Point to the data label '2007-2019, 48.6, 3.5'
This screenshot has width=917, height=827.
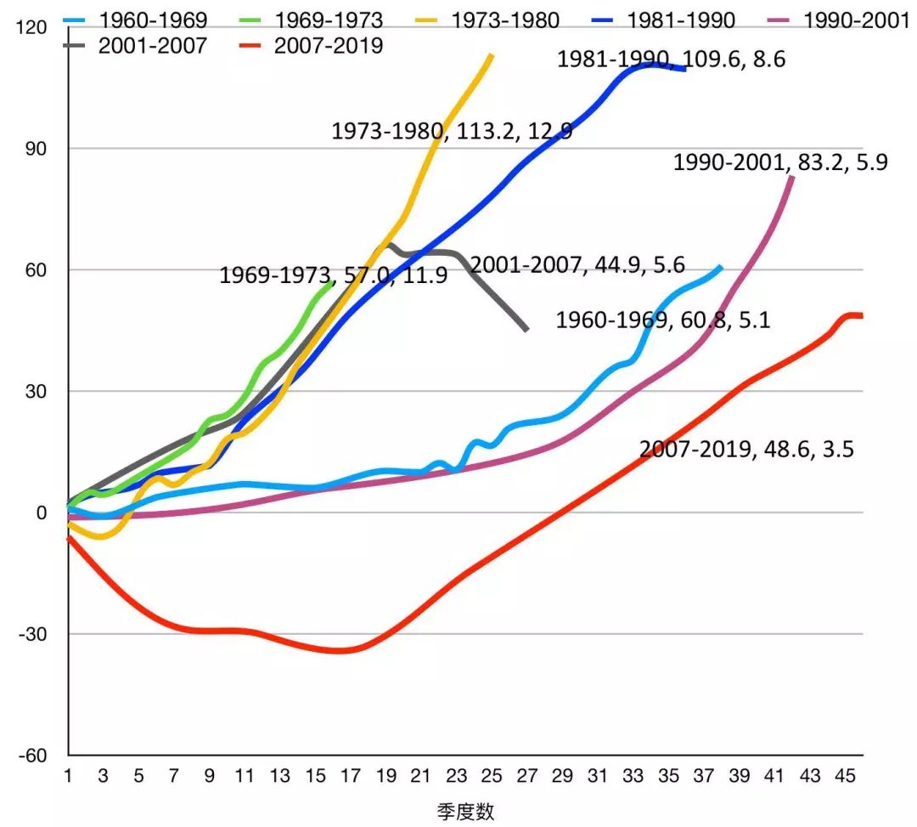pyautogui.click(x=746, y=450)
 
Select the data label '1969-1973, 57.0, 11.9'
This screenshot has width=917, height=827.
pyautogui.click(x=334, y=275)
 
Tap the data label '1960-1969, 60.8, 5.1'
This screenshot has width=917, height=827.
pyautogui.click(x=662, y=320)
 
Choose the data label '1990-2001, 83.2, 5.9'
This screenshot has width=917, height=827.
pyautogui.click(x=780, y=162)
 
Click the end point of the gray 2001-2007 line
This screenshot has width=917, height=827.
pyautogui.click(x=526, y=329)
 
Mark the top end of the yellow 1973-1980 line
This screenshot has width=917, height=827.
pyautogui.click(x=492, y=55)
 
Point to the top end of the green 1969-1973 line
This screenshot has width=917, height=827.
pyautogui.click(x=332, y=283)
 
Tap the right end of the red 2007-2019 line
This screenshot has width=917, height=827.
pyautogui.click(x=861, y=316)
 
